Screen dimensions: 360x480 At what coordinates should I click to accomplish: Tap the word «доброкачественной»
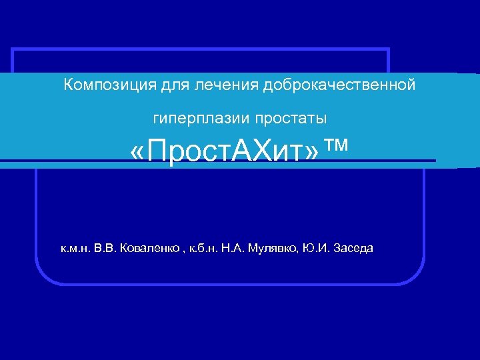[339, 85]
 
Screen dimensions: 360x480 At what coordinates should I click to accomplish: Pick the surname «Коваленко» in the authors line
[149, 249]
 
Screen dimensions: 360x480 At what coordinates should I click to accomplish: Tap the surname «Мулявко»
[273, 249]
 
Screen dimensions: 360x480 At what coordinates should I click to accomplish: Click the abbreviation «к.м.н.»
[76, 249]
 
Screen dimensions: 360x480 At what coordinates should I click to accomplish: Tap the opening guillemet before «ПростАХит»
[137, 154]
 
